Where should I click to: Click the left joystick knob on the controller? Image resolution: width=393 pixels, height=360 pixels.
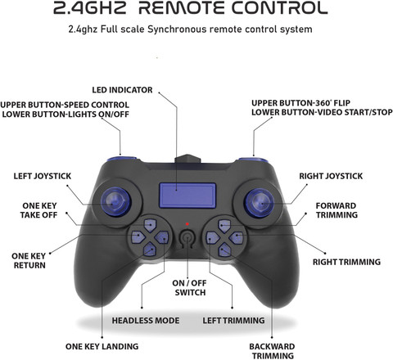[115, 202]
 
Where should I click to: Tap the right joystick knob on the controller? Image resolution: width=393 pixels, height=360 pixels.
[260, 203]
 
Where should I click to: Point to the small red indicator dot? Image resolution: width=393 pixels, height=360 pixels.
[187, 224]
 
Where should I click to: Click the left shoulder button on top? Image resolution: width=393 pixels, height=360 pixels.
[121, 159]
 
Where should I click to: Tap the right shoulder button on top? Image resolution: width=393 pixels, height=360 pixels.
[253, 160]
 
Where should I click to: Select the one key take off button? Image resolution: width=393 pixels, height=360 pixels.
[150, 225]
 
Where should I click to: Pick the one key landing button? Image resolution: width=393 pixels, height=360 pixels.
[150, 250]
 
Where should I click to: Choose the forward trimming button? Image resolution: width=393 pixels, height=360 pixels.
[224, 226]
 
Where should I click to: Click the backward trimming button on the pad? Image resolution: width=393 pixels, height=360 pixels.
[224, 250]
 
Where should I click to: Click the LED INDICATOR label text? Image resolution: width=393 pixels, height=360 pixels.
[122, 90]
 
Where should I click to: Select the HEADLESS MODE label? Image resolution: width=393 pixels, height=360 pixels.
[146, 321]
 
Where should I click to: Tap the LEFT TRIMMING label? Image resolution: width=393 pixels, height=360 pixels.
[233, 320]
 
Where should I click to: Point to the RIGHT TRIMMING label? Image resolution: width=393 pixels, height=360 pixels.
[346, 262]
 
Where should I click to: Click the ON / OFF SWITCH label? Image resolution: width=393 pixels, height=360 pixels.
[190, 288]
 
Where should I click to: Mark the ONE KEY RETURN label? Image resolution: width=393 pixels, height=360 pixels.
[29, 261]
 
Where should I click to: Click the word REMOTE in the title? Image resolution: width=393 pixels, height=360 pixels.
[181, 8]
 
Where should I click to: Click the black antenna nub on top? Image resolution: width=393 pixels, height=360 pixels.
[187, 159]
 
